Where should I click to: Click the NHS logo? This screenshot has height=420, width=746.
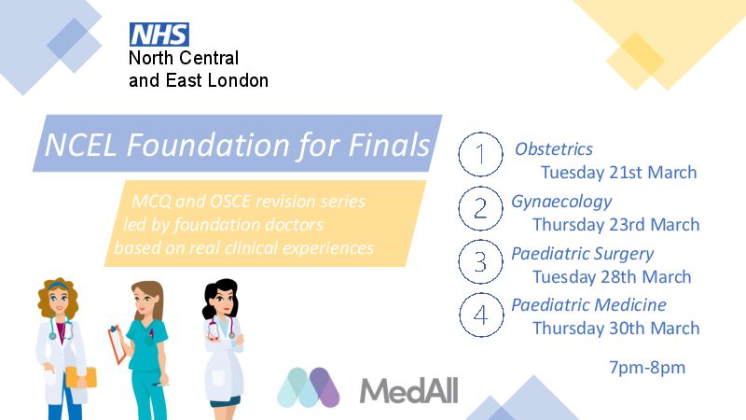159,35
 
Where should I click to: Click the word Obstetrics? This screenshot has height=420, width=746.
553,149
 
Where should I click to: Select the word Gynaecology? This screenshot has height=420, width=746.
561,203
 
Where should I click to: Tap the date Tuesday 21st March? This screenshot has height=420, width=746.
618,172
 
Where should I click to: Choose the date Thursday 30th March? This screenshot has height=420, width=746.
616,329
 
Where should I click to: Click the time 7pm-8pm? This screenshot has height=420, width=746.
647,368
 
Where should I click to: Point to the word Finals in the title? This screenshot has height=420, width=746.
389,145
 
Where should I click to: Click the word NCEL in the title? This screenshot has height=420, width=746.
80,145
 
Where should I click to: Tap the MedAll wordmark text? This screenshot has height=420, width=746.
408,390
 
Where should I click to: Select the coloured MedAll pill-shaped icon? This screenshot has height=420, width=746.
309,387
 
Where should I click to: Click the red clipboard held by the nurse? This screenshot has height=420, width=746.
117,343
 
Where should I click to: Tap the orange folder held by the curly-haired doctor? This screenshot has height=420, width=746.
81,377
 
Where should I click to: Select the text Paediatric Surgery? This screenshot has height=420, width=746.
582,254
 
